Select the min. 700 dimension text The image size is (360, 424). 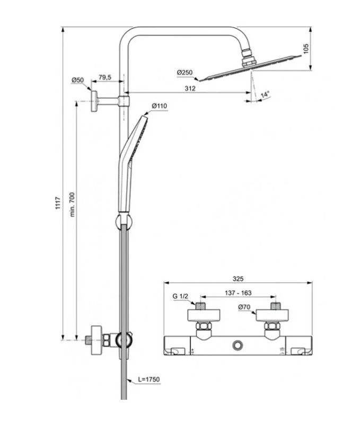pos(73,202)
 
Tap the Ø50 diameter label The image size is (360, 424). pos(78,80)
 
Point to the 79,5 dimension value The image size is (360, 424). pos(105,78)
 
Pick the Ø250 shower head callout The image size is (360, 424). pos(185,72)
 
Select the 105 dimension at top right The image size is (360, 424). pos(305,49)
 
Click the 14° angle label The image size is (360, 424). pos(265,94)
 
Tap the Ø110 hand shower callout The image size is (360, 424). pos(159,106)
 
